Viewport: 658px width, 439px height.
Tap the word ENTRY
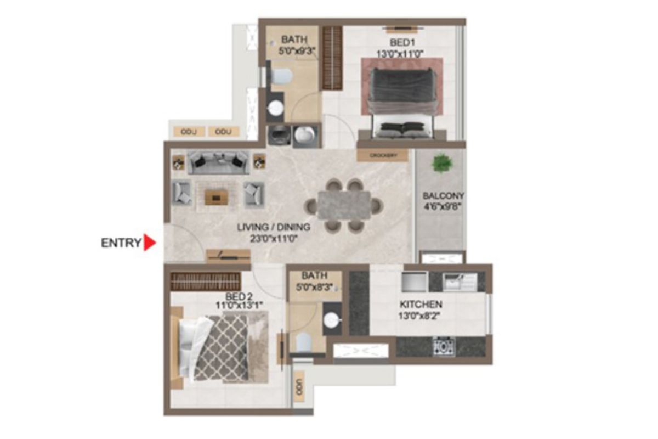coord(121,243)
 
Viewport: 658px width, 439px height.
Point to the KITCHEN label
coord(421,304)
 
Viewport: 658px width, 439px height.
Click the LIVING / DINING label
coord(274,227)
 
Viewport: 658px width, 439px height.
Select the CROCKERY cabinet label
coord(383,156)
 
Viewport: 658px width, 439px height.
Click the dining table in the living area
coord(343,204)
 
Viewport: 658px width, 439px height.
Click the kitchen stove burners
coord(443,346)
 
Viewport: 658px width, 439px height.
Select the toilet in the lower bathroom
coord(304,344)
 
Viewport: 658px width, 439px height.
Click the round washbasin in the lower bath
coord(332,320)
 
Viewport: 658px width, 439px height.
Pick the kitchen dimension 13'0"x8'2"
coord(421,316)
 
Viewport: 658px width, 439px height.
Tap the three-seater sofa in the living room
coord(218,162)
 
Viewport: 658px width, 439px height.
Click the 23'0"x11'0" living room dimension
coord(274,239)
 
